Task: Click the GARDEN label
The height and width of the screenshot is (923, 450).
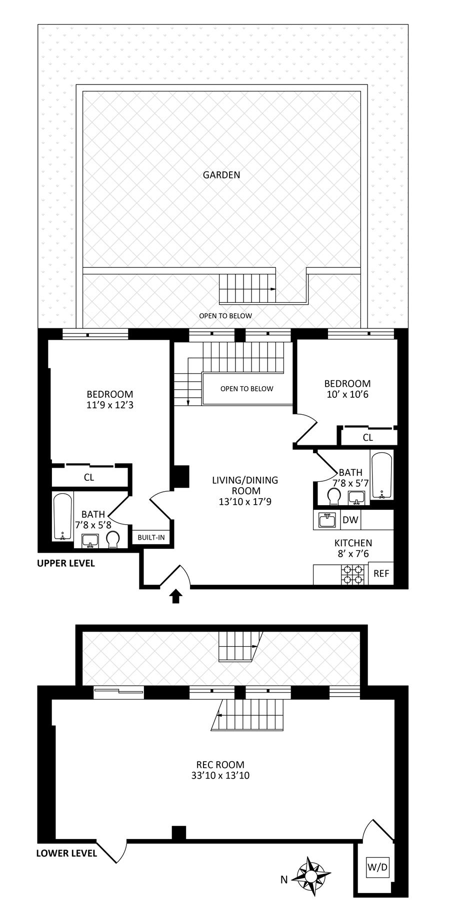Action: (221, 175)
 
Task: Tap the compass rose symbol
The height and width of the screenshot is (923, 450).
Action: (311, 876)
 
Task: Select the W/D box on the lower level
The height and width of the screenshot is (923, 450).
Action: (377, 867)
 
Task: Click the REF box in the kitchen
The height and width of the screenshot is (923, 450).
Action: (381, 573)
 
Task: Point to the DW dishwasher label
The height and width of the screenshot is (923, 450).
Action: (350, 520)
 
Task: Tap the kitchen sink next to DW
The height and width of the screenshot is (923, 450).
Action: (327, 520)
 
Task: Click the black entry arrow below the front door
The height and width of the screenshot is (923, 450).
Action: (175, 596)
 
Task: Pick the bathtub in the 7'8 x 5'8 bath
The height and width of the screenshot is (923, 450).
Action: (63, 517)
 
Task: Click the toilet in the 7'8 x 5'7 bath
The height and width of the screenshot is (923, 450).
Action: (334, 497)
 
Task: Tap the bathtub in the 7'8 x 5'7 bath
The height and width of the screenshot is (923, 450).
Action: (382, 475)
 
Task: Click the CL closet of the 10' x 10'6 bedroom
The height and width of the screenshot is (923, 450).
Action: (368, 437)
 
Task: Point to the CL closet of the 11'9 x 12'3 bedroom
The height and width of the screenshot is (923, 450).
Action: (89, 477)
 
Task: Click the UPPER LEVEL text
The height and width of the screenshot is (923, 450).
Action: (65, 563)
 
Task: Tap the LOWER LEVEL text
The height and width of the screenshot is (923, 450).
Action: (66, 853)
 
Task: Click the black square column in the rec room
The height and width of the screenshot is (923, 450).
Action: (179, 833)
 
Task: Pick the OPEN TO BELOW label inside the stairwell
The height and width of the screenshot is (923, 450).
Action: (247, 389)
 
